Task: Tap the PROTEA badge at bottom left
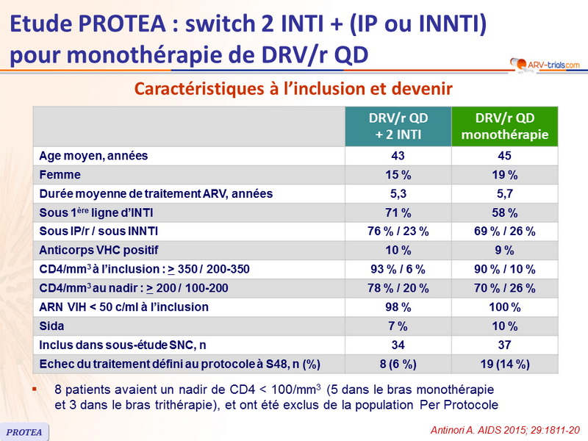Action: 25,431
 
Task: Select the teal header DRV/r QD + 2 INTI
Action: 398,126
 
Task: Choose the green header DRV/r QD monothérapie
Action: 503,126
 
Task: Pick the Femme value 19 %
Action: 503,175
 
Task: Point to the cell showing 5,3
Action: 398,194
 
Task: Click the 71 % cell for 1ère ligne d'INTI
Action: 398,213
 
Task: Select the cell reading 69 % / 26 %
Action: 503,232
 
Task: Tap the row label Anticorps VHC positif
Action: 98,251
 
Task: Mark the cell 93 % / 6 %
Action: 398,270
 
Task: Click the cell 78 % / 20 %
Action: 398,288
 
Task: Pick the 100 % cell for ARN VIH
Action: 503,307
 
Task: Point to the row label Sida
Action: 51,326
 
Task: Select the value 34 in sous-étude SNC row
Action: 398,345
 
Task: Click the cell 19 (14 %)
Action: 503,364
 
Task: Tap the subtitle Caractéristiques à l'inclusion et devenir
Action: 293,89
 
